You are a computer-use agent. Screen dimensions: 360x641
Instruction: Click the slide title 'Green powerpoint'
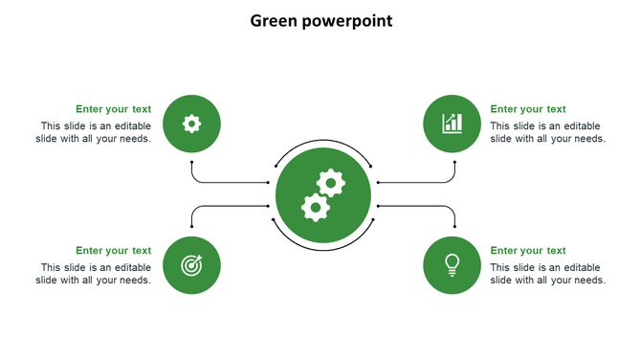point(320,20)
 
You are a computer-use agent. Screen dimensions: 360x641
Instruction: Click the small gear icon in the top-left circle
point(191,124)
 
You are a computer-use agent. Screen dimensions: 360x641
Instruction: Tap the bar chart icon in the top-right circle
point(452,124)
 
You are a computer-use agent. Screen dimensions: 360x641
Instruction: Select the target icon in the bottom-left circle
point(191,265)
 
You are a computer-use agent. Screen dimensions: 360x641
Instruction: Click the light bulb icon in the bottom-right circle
point(452,264)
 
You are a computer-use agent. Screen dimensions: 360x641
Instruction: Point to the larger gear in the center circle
point(315,207)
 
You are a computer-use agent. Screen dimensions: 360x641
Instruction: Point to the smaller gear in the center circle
point(331,183)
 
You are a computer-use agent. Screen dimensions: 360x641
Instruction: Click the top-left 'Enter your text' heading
point(113,109)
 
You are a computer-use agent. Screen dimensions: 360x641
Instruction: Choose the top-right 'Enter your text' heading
point(528,109)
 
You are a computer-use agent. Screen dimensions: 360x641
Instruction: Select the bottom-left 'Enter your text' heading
point(113,251)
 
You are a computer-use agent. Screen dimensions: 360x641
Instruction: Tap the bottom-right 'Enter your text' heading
point(528,251)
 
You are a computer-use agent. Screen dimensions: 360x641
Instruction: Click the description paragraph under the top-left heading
point(95,132)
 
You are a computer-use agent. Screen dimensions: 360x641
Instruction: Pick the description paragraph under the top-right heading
point(547,132)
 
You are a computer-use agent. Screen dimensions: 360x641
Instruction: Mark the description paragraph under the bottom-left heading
point(95,274)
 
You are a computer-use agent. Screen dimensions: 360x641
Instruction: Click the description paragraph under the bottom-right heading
point(547,274)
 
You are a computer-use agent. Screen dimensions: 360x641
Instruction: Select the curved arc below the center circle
point(322,249)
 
